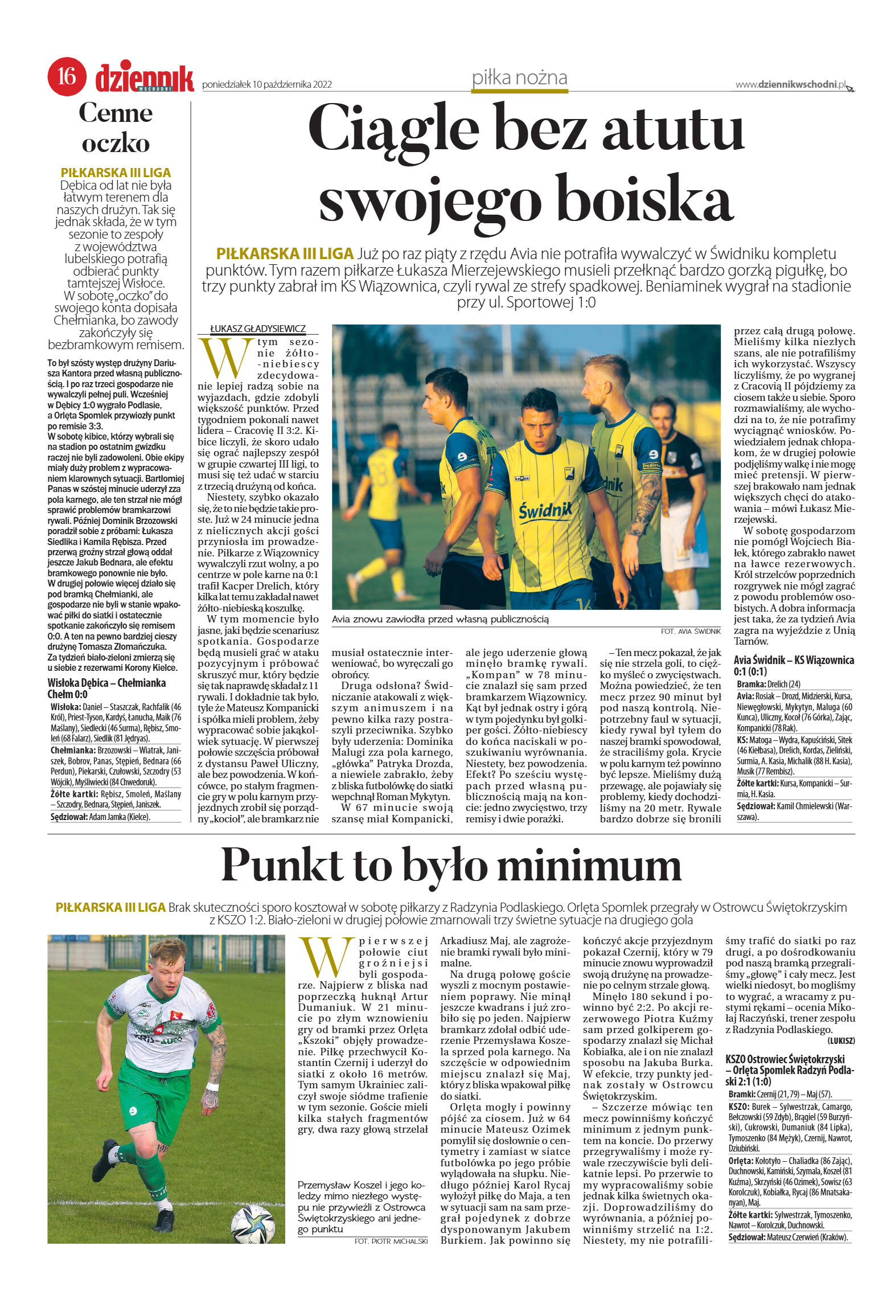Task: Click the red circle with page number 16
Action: (67, 75)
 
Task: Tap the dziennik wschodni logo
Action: (145, 79)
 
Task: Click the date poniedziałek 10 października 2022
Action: (267, 85)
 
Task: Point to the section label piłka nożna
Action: (519, 78)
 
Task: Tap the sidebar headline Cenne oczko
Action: (116, 128)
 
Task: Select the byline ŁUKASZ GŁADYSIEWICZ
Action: (258, 329)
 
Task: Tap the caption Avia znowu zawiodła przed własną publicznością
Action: (440, 619)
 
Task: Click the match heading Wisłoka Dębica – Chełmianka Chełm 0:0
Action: (106, 688)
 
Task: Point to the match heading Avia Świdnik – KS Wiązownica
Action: (794, 660)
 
